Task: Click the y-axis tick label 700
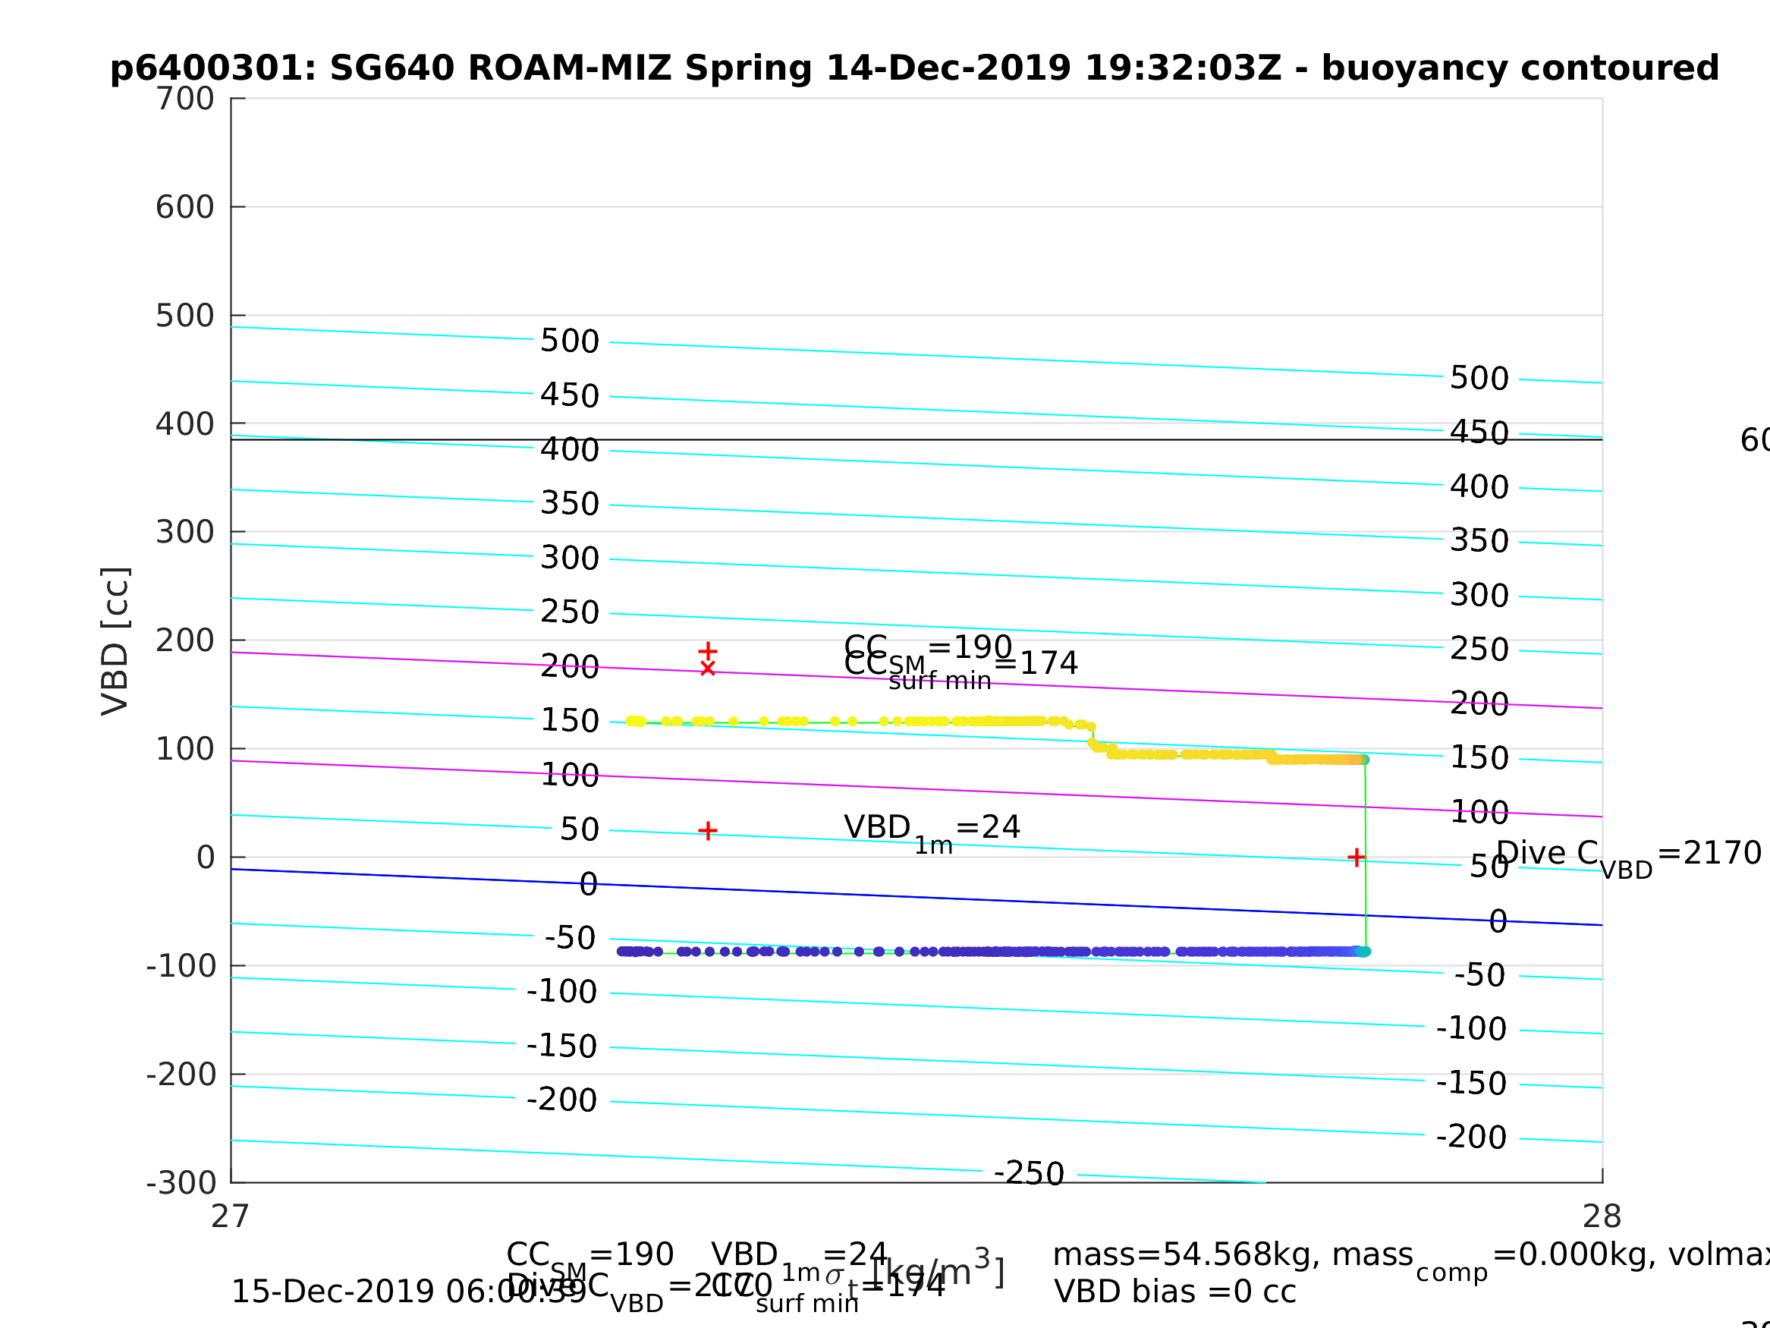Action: click(x=185, y=99)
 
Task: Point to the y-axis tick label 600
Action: click(x=185, y=207)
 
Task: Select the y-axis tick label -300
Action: click(x=181, y=1183)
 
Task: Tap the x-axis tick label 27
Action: click(x=231, y=1216)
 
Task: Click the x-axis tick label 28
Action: click(x=1602, y=1216)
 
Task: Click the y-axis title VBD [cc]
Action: click(x=116, y=641)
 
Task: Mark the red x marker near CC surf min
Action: click(x=707, y=669)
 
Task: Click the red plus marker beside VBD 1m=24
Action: click(x=707, y=831)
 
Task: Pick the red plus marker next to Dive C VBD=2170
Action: click(x=1357, y=858)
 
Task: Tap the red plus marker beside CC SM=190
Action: click(x=707, y=652)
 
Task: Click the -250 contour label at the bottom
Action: click(x=1029, y=1173)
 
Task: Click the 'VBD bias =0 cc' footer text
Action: click(x=1174, y=1292)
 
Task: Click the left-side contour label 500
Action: click(x=570, y=341)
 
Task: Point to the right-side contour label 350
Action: click(x=1479, y=541)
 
